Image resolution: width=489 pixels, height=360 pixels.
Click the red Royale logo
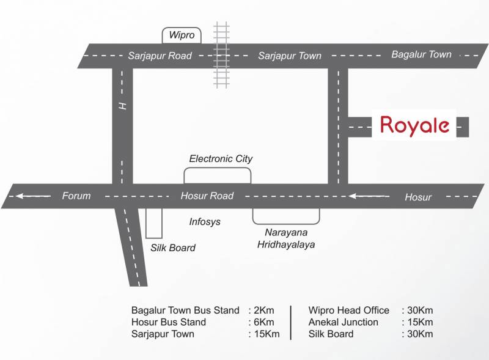click(x=415, y=125)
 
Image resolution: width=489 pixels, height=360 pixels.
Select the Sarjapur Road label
click(x=160, y=56)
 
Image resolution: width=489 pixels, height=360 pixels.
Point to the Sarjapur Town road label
click(x=290, y=56)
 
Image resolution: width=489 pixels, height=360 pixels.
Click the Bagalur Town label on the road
click(x=421, y=54)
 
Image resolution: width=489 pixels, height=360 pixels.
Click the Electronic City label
click(x=221, y=159)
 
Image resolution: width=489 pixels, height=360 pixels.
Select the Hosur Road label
click(x=207, y=196)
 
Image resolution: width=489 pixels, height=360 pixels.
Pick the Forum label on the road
click(x=76, y=196)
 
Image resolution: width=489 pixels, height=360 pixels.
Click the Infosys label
click(x=205, y=222)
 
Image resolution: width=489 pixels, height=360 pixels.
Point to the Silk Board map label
click(x=173, y=248)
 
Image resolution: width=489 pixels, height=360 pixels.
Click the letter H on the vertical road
click(x=123, y=106)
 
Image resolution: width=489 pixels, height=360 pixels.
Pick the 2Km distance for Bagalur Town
click(x=261, y=310)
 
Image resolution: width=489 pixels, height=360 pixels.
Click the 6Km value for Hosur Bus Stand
click(x=261, y=322)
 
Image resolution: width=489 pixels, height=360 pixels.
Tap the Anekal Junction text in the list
click(x=344, y=322)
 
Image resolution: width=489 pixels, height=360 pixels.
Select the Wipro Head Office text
click(x=348, y=310)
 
